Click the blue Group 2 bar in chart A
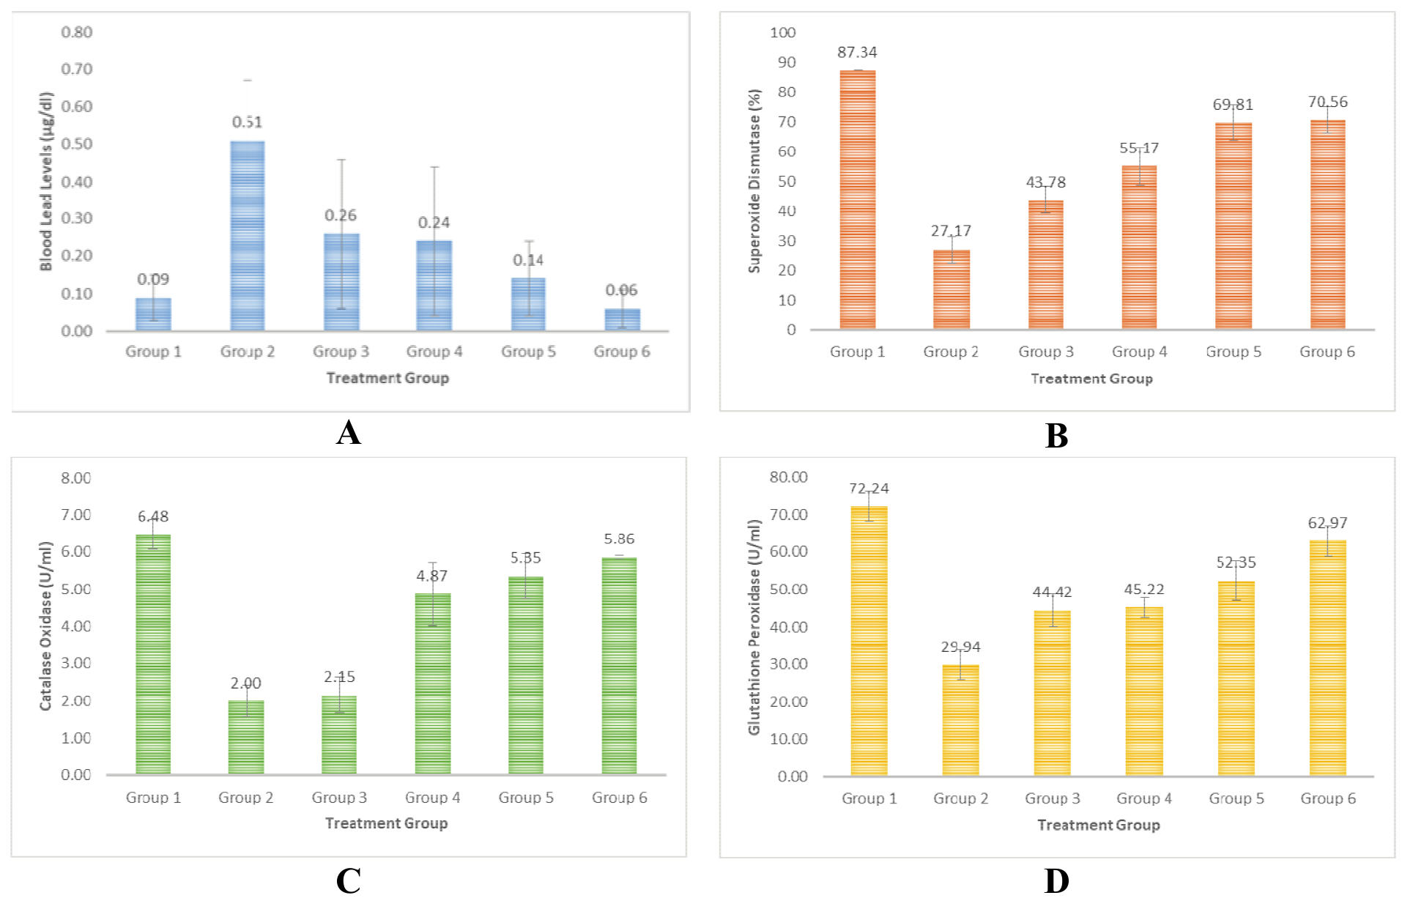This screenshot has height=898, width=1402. tap(248, 236)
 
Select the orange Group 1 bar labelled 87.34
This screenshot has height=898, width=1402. tap(857, 199)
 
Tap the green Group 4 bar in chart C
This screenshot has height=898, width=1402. tap(433, 683)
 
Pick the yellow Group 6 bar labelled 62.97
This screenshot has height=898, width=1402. tap(1327, 658)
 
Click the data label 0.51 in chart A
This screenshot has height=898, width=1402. tap(248, 122)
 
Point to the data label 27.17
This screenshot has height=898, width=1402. tap(951, 231)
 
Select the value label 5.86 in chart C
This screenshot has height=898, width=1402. tap(619, 538)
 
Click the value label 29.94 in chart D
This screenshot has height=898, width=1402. tap(960, 647)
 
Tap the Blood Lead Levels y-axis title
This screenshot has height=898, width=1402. tap(46, 181)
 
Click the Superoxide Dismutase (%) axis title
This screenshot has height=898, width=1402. tap(754, 181)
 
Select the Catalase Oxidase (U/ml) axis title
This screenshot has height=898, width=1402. tap(46, 626)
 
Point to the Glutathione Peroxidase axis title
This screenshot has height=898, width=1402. tap(754, 627)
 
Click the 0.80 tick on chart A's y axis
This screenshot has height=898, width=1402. tap(77, 32)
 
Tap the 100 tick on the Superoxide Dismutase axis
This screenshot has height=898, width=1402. tap(782, 32)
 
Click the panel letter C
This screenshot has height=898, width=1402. tap(349, 880)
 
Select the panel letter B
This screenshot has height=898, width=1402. tap(1056, 436)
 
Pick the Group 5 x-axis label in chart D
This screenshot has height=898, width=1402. tap(1236, 798)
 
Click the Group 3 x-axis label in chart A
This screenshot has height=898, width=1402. tap(341, 352)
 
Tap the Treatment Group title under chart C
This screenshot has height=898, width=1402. tap(386, 823)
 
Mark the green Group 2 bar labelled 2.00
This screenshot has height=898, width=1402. tap(246, 737)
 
